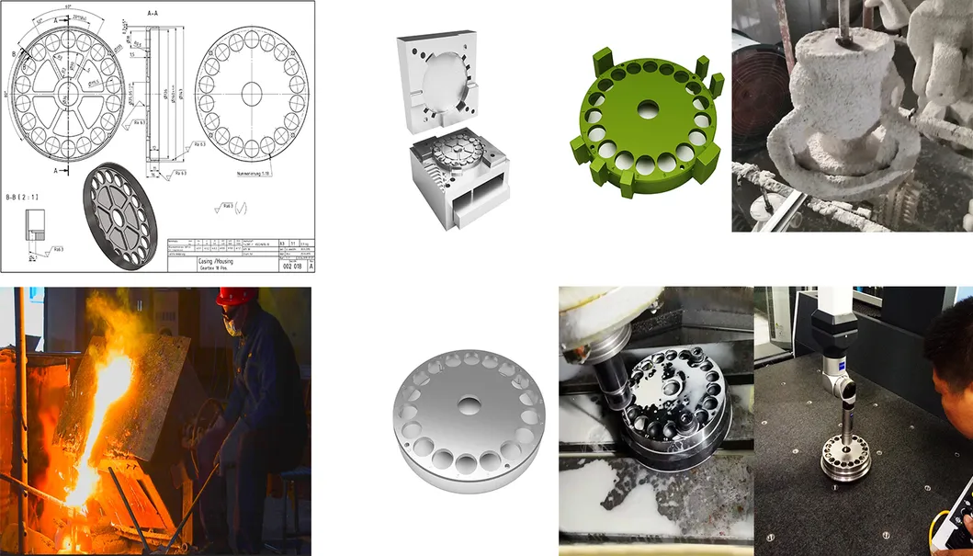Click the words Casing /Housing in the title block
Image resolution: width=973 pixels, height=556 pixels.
click(x=191, y=261)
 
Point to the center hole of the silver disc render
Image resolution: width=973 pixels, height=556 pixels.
click(x=468, y=404)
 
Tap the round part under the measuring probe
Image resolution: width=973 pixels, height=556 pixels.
click(x=843, y=452)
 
